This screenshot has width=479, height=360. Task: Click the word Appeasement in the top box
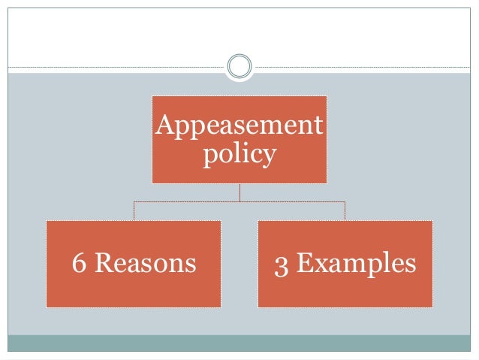[239, 126]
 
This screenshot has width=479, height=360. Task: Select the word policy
[239, 156]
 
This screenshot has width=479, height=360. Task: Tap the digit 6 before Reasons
[78, 264]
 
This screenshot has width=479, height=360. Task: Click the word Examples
[356, 265]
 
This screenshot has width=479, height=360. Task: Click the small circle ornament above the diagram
[239, 66]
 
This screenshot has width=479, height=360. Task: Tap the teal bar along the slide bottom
[239, 343]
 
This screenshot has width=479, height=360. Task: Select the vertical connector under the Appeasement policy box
[239, 192]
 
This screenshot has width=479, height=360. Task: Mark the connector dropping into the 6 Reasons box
[134, 210]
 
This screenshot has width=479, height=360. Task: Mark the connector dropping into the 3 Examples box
[345, 210]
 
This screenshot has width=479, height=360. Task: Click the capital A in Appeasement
[164, 125]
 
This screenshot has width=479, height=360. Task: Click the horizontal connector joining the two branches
[188, 201]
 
